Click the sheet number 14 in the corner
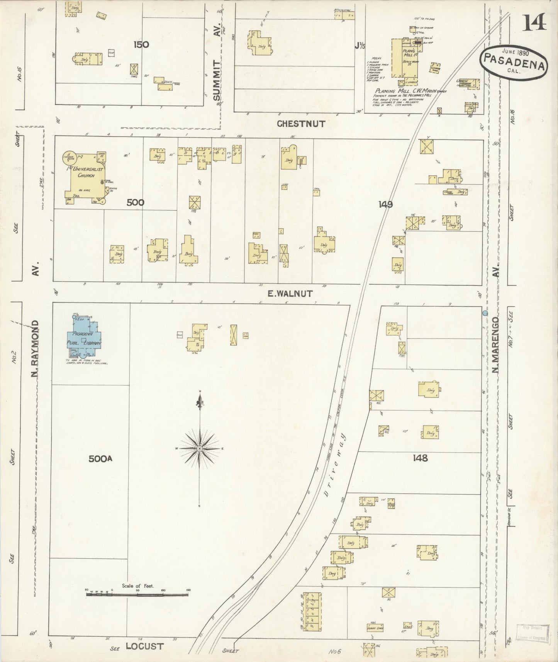534,22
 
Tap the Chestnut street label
301,124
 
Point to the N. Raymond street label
36,350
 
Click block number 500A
100,459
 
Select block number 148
420,458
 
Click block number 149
385,204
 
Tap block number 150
141,44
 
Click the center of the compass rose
200,448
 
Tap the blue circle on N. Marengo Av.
485,312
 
